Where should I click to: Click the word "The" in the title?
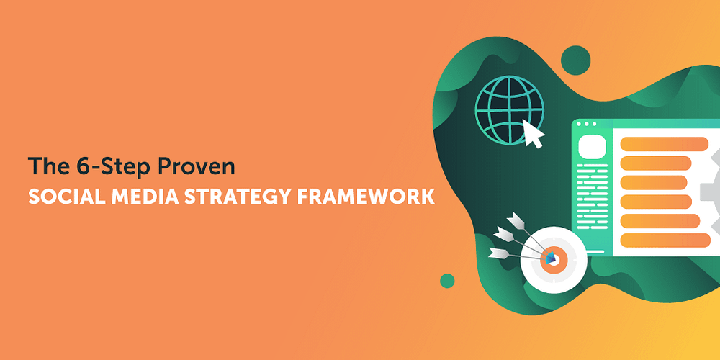click(x=44, y=166)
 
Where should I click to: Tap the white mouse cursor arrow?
click(x=533, y=134)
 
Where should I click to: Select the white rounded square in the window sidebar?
click(x=590, y=148)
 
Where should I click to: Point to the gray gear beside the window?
click(x=710, y=187)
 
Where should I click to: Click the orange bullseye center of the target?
click(x=552, y=256)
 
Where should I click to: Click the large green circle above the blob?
click(x=575, y=58)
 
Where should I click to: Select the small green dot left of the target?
click(x=447, y=280)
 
